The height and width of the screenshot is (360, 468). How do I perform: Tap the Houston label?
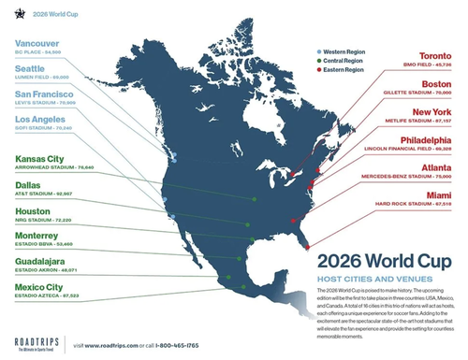[31, 211]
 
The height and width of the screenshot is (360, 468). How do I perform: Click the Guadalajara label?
[44, 263]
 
